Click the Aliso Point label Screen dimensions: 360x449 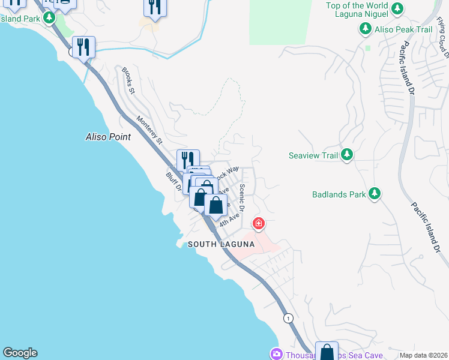107,137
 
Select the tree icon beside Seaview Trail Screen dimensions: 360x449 346,155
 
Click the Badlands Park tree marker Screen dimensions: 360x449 375,193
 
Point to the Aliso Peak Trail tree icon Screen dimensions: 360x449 365,29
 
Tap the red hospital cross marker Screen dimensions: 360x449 259,224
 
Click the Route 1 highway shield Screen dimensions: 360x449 289,318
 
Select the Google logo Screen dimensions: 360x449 20,353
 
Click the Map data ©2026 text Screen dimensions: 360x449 423,355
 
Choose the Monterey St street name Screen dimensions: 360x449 150,130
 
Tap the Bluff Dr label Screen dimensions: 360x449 173,182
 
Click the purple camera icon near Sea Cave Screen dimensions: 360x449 276,354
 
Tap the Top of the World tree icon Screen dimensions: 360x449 397,9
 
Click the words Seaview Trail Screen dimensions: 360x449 313,155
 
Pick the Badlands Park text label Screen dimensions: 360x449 339,194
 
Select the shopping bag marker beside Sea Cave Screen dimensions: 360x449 327,352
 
